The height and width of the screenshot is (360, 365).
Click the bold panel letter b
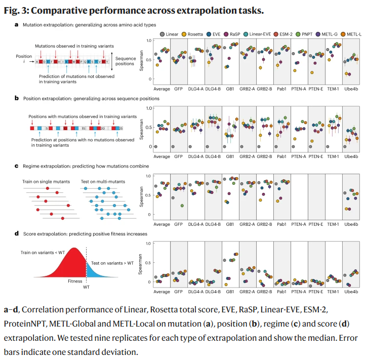[17, 98]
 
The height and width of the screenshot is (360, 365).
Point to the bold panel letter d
[17, 233]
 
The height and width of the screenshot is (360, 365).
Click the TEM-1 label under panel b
[333, 156]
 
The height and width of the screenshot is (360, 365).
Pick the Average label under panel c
[161, 224]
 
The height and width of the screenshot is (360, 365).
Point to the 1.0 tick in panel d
[148, 244]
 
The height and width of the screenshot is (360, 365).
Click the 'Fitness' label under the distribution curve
[75, 280]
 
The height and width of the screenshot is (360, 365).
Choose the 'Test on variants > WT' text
[112, 263]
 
